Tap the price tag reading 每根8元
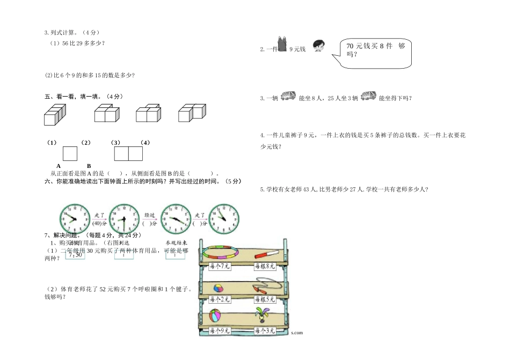click(x=265, y=266)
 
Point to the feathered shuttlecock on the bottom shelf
click(x=264, y=316)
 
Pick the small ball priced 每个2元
click(x=219, y=288)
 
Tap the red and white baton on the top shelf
click(x=266, y=254)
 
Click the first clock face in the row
click(x=69, y=218)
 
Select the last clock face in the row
click(x=224, y=218)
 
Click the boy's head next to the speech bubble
click(x=317, y=47)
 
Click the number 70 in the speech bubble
click(x=352, y=46)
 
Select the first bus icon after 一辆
click(x=288, y=96)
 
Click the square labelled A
click(x=70, y=153)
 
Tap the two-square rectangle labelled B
click(x=128, y=153)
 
